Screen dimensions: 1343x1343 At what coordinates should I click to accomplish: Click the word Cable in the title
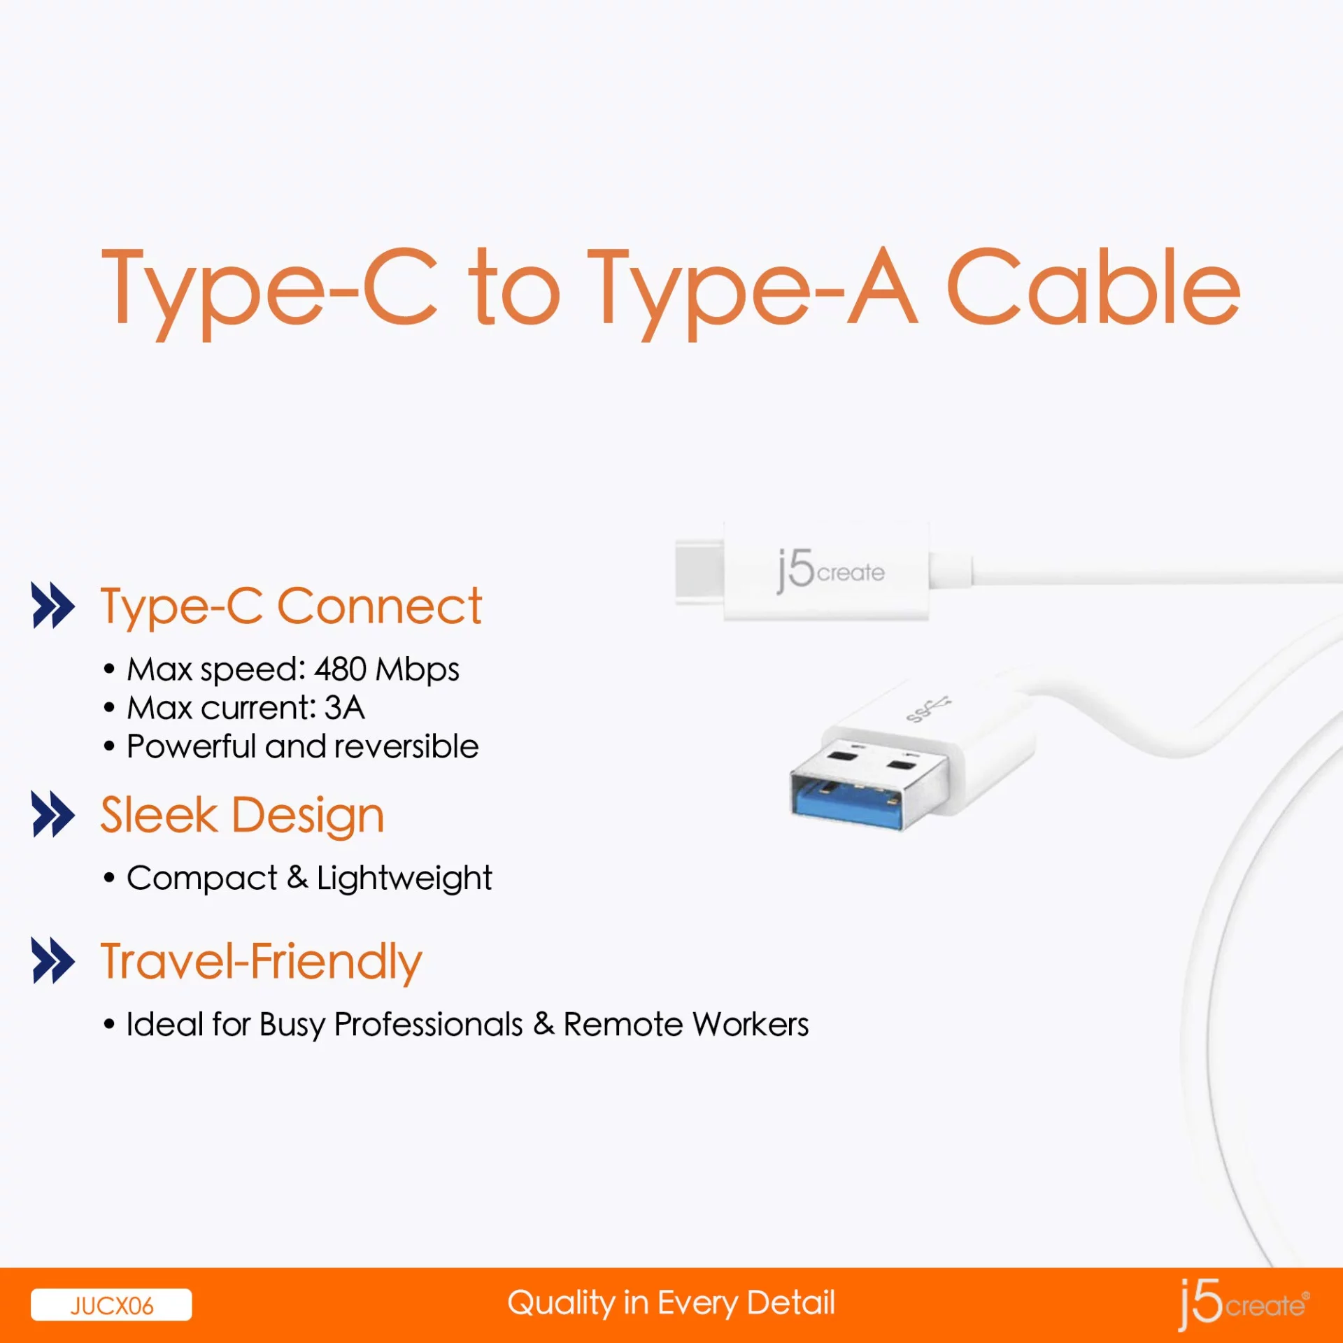1093,287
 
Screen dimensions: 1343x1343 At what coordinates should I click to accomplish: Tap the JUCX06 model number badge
111,1305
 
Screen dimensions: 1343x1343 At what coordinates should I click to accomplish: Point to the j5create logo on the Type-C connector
830,571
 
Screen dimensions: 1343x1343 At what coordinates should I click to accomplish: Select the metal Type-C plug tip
699,570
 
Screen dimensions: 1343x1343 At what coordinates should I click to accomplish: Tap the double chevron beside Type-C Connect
53,606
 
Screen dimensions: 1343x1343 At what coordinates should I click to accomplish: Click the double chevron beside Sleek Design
53,814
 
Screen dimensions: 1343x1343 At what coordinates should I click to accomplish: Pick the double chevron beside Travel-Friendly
53,961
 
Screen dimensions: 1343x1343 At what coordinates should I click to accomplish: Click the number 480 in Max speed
340,669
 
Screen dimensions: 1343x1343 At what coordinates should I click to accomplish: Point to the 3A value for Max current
344,708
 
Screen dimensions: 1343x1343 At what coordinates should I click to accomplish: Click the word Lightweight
404,879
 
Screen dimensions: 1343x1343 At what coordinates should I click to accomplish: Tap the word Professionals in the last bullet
428,1025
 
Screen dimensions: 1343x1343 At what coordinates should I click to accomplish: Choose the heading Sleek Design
242,816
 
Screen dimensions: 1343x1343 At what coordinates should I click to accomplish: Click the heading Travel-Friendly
261,962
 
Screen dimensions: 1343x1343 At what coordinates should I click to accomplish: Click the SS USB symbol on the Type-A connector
928,709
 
